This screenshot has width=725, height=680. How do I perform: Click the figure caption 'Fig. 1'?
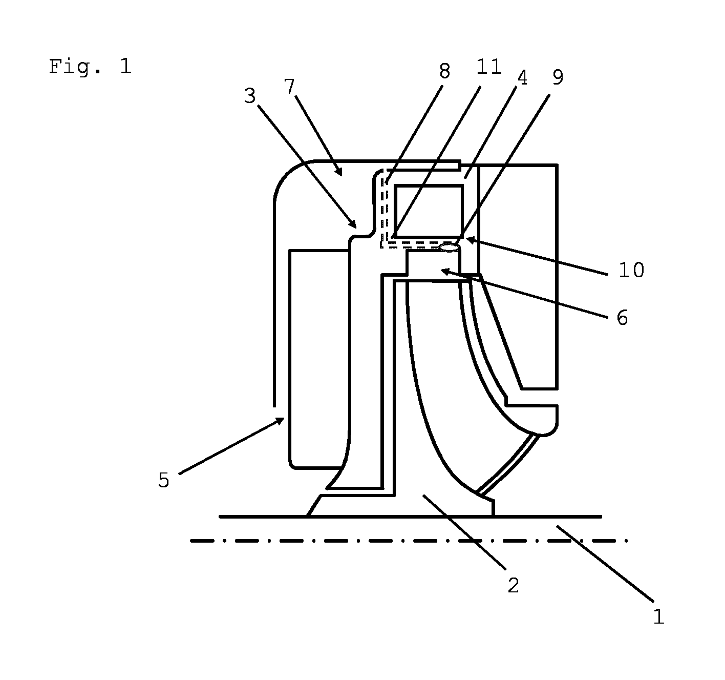(90, 66)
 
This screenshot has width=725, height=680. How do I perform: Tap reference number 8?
(444, 71)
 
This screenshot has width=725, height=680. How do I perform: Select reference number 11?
(489, 67)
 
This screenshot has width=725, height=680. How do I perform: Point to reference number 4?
(522, 78)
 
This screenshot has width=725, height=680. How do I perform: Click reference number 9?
(558, 77)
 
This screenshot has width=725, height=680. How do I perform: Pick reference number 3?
(250, 96)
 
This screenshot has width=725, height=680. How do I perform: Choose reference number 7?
(289, 87)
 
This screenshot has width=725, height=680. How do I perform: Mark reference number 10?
(631, 270)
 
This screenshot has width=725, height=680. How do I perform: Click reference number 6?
(622, 318)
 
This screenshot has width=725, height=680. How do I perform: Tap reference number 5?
(164, 480)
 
